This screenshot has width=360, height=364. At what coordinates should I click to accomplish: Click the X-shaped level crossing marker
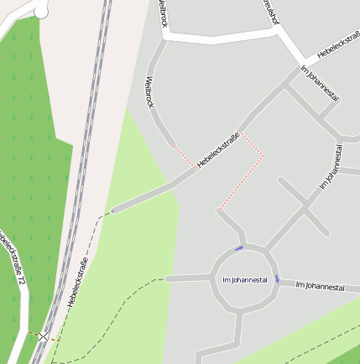coord(43,335)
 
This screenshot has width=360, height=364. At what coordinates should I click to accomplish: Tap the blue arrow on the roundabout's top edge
coord(239,248)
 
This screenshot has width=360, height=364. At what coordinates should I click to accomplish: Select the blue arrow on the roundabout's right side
coord(277,278)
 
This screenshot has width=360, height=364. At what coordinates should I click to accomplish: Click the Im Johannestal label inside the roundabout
coord(245,279)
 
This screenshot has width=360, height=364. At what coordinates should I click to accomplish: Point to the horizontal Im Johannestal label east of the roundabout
coord(321,287)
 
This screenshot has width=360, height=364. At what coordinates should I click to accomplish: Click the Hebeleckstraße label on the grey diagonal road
coord(219,148)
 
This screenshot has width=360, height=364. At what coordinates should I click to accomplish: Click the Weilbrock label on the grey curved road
coord(150,91)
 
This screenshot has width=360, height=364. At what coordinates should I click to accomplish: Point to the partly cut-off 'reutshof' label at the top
coord(269,12)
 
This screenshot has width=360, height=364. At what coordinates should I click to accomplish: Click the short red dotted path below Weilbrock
coord(185,157)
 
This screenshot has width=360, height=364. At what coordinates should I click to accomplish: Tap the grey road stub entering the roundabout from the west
coord(186,278)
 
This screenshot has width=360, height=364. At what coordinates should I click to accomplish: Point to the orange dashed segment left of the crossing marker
coord(32,335)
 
